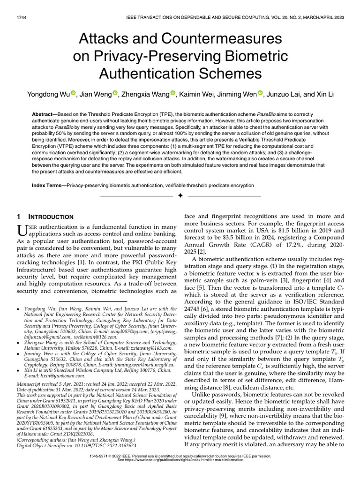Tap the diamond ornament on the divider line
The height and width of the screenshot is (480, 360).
tap(180, 195)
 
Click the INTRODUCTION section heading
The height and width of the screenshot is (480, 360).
tap(50, 217)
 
